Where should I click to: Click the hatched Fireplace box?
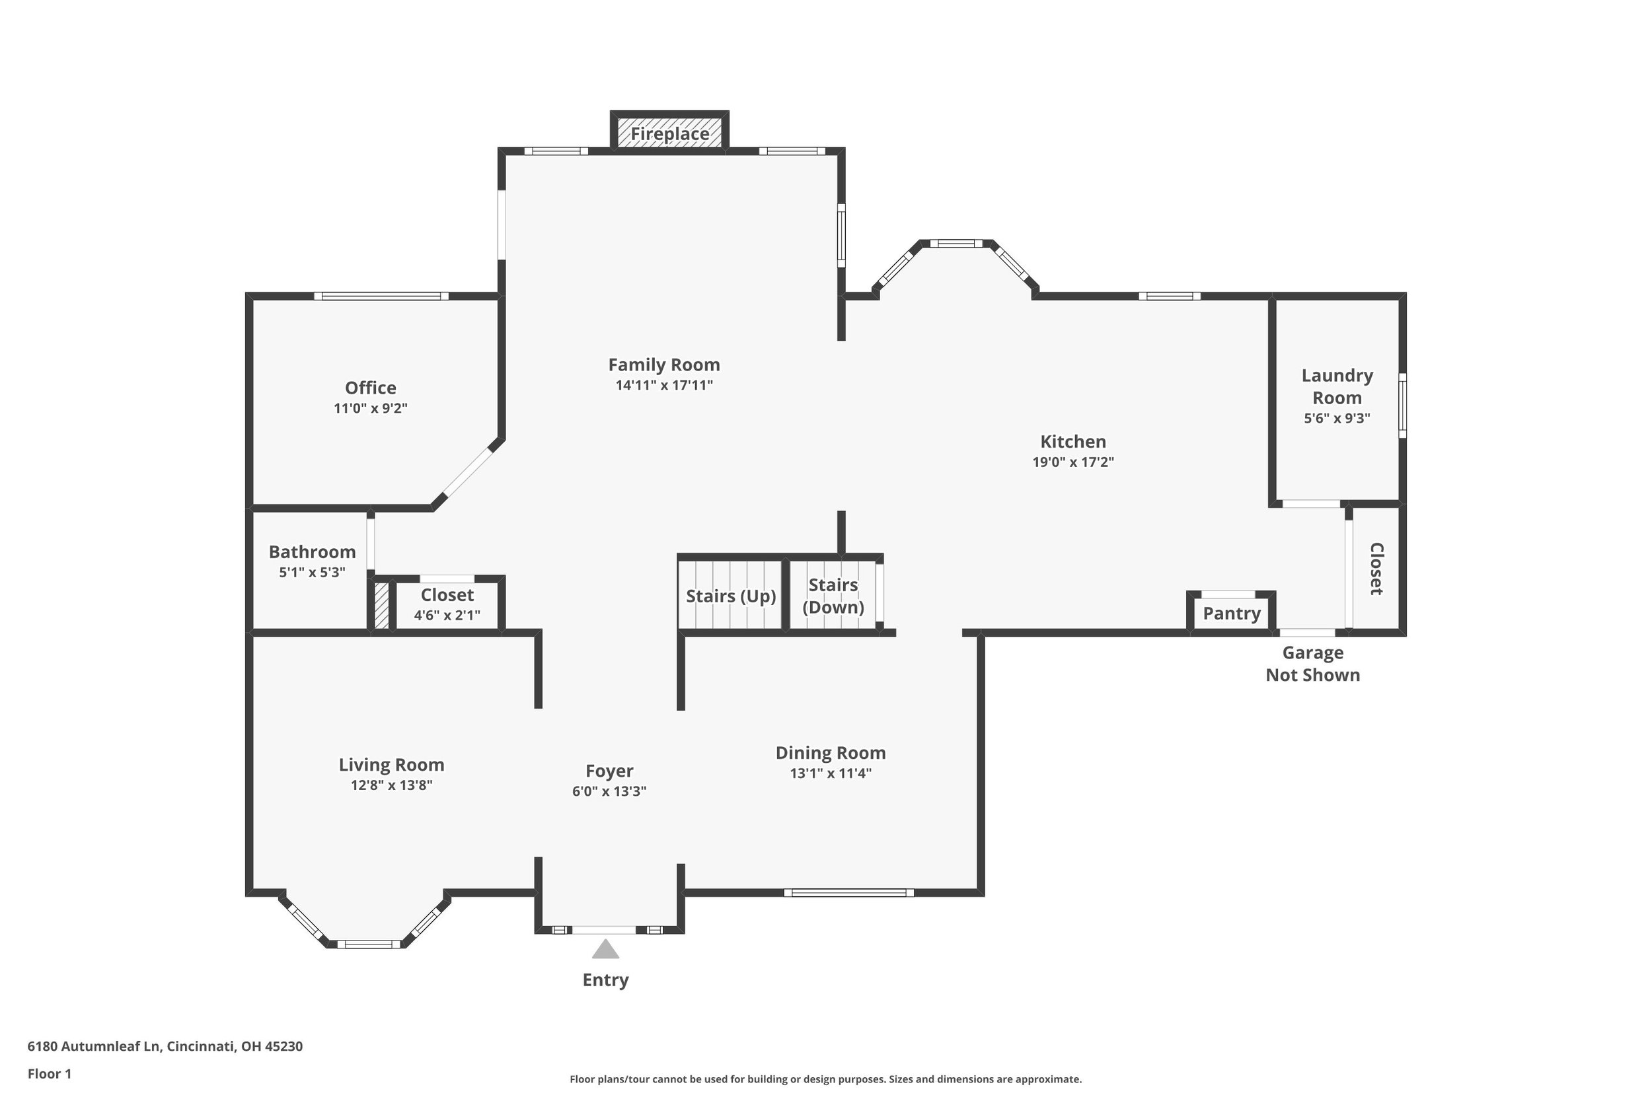669,133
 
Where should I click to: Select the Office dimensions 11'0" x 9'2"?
370,408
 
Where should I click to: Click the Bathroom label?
312,552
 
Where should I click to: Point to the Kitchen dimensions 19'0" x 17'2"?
1072,461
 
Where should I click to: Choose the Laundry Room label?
1337,386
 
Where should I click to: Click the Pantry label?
1231,613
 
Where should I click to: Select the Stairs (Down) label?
833,596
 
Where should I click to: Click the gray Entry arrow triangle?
605,949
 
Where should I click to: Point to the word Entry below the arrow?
605,979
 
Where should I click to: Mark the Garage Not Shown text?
1312,664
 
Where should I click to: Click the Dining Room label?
830,753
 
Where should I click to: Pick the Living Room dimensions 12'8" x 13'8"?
391,785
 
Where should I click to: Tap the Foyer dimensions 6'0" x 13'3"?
609,791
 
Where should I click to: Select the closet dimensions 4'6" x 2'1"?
447,615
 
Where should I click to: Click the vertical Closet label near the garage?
1376,568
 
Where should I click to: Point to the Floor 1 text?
49,1073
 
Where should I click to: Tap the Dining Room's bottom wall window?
848,892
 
